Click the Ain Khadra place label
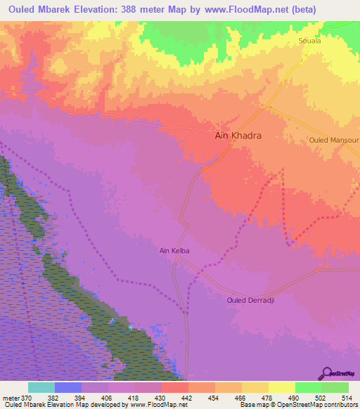tap(238, 137)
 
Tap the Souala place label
tap(310, 41)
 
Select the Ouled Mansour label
tap(334, 141)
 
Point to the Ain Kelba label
tap(175, 250)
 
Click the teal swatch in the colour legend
tap(41, 387)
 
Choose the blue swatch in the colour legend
tap(68, 387)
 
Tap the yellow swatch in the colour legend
tap(281, 387)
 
